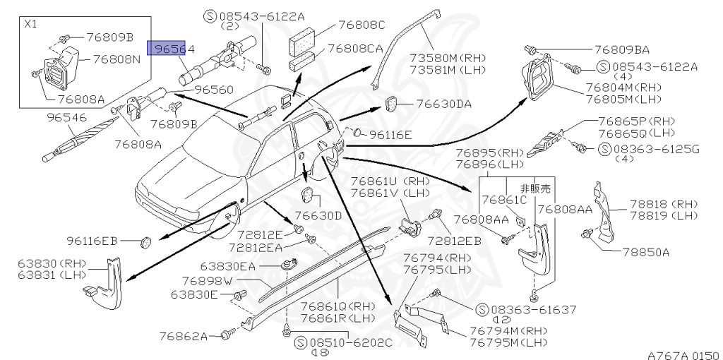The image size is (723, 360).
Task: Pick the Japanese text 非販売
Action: [x=534, y=188]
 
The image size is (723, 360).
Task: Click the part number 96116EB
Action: [x=92, y=241]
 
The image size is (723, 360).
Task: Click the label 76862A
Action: [x=182, y=336]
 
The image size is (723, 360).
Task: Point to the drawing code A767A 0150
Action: [x=682, y=354]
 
